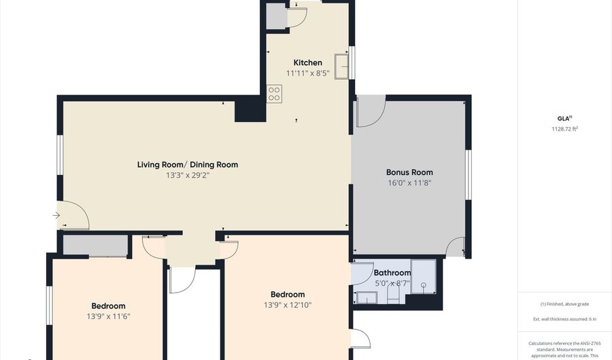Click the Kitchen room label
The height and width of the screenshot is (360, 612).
[307, 63]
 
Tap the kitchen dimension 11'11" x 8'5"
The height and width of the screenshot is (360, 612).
[307, 73]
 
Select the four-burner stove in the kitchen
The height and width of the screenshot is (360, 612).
[274, 93]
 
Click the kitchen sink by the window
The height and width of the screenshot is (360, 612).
[343, 66]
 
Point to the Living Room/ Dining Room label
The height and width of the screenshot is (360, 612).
[188, 165]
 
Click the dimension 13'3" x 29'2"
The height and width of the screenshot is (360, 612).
[188, 175]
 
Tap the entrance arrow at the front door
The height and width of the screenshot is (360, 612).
[56, 216]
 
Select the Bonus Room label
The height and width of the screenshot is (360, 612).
[409, 172]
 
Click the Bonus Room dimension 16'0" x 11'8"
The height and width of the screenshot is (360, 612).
[409, 182]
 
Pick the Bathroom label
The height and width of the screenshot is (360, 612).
[392, 273]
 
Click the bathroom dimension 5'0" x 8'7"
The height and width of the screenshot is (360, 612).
[392, 283]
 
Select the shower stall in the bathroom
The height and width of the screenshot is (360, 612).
[424, 276]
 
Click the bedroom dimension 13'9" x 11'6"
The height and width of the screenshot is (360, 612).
[109, 316]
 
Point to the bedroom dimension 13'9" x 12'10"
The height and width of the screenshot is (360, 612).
[288, 305]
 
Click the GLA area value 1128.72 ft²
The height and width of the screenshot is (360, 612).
[564, 129]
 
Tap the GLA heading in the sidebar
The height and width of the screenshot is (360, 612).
[563, 118]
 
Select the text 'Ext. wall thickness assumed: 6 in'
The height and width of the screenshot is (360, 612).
[564, 319]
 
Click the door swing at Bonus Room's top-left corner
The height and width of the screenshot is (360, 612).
[370, 112]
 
